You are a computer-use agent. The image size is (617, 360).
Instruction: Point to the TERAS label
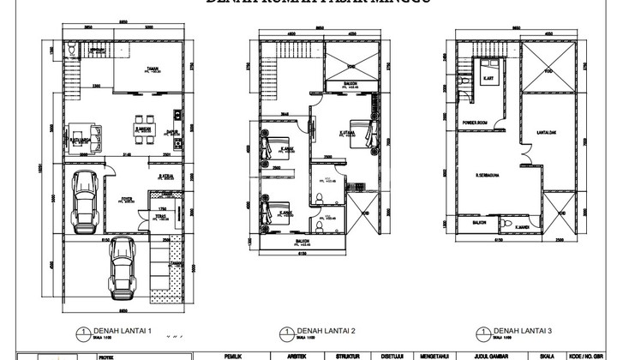pos(161,217)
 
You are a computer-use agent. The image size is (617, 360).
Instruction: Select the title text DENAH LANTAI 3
pos(523,330)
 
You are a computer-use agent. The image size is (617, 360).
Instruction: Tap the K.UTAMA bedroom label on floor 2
pos(347,132)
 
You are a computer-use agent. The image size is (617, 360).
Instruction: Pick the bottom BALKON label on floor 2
pos(302,242)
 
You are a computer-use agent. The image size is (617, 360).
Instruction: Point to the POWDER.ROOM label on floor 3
pos(477,122)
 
